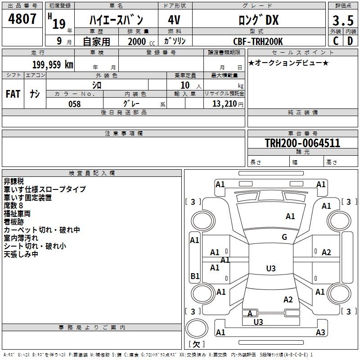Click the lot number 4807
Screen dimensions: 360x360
click(22, 19)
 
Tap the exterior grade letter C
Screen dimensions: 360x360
click(335, 40)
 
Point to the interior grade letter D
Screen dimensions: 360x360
click(350, 40)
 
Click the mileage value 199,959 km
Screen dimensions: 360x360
click(53, 64)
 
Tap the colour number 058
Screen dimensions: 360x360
click(74, 104)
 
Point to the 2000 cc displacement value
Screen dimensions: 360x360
click(137, 42)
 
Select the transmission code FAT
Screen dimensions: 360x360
click(13, 94)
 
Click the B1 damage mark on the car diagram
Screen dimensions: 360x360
click(195, 276)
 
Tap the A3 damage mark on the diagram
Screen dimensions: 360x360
click(320, 332)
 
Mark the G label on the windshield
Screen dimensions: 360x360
click(284, 237)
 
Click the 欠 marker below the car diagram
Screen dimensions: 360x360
click(196, 344)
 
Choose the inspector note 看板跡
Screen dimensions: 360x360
click(17, 222)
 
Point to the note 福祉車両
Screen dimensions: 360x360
click(17, 214)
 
